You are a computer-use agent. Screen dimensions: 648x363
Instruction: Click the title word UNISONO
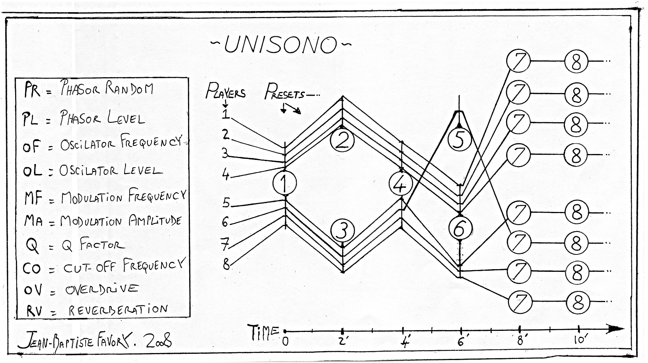(281, 45)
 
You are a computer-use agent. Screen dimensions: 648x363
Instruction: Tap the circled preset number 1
(285, 183)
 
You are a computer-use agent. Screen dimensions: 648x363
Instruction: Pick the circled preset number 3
(343, 231)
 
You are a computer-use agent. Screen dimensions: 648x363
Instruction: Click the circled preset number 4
(401, 184)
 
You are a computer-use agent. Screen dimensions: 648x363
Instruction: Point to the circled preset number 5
(459, 139)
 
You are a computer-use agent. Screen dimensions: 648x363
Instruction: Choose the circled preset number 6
(460, 228)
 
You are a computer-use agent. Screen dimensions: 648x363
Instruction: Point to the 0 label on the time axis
(285, 342)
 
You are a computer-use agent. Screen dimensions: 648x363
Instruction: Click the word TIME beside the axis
(263, 332)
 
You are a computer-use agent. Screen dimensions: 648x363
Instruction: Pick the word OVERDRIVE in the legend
(102, 289)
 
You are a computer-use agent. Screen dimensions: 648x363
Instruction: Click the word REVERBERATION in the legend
(118, 309)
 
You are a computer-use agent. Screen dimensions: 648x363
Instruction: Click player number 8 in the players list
(226, 264)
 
